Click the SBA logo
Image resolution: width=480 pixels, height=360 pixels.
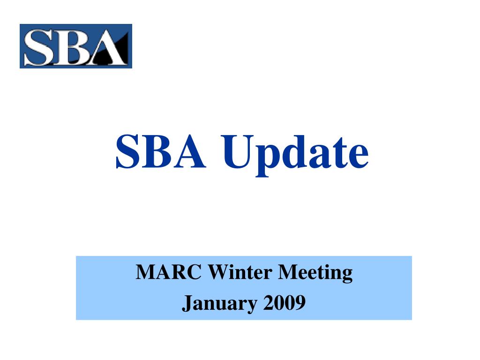pos(76,46)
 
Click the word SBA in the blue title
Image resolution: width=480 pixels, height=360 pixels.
pos(160,151)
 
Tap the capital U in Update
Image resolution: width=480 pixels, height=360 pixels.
pos(238,152)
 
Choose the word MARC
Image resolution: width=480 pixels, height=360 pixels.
pos(169,272)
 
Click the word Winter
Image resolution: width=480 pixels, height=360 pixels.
pos(240,272)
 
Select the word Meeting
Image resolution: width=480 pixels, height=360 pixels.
pos(315,273)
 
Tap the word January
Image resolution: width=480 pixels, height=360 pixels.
pos(219,304)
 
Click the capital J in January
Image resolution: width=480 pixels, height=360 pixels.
pos(187,304)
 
